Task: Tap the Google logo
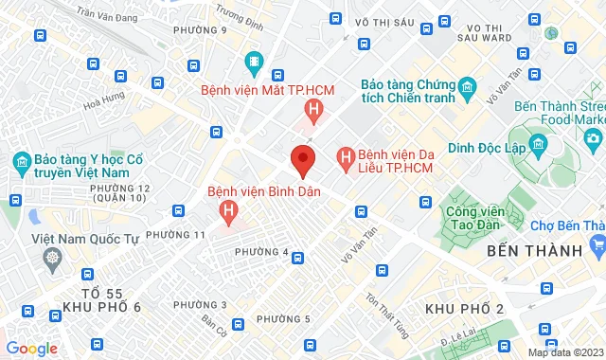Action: pos(31,349)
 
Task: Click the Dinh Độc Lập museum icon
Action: pos(538,145)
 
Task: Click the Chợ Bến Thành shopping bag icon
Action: pos(597,245)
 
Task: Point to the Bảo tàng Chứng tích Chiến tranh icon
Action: pos(467,91)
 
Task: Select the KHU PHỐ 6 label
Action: pos(101,306)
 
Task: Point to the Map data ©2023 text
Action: pos(564,352)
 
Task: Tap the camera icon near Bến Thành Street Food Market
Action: pos(593,139)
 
